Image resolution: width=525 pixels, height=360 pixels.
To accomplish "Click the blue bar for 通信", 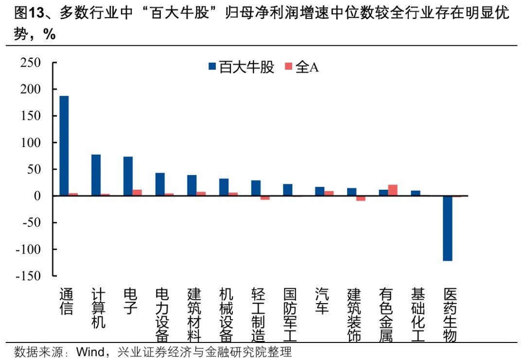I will point(64,145).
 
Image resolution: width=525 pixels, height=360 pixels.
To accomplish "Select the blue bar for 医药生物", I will point(448,228).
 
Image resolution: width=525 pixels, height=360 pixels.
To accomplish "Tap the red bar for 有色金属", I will point(393,190).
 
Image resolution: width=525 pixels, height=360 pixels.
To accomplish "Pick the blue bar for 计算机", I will point(96,175).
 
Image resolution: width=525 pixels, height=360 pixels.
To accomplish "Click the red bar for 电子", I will point(138,193).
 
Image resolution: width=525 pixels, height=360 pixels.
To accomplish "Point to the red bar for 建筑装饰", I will point(361,198).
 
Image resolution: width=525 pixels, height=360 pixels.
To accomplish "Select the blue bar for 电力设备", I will point(160,184).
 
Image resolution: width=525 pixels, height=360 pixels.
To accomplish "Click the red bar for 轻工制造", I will point(265,198).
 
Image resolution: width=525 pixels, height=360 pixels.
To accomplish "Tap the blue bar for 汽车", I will point(320,191).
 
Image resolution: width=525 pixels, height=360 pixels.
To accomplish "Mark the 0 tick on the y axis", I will point(41,196).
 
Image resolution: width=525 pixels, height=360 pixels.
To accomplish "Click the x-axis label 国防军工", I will point(291,315).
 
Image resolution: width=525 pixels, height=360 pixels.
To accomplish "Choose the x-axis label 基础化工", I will point(418,315).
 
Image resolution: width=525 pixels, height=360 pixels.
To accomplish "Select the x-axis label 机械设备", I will point(227,315).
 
